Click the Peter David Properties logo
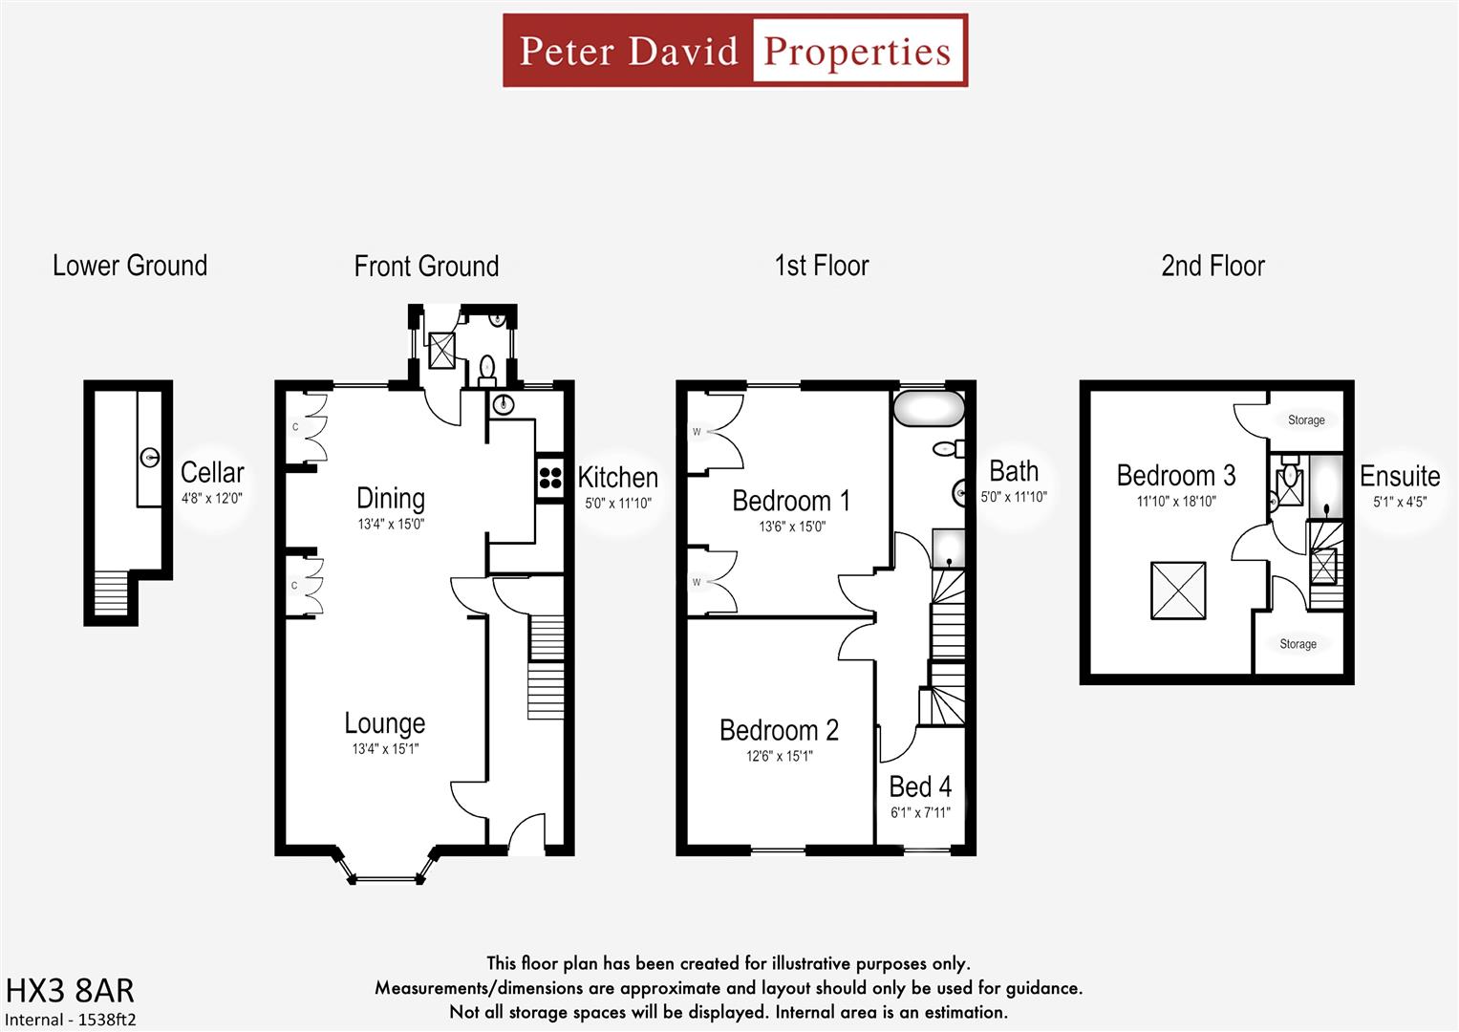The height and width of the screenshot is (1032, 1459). pos(735,51)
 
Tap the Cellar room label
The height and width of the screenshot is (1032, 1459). pos(212,472)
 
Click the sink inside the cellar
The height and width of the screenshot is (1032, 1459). pos(150,458)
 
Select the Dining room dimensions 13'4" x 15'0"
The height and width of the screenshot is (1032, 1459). pos(391,524)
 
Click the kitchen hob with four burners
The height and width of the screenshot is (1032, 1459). pos(550,476)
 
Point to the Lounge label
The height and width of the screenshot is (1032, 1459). pos(384,723)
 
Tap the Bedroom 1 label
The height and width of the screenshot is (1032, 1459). pos(790,501)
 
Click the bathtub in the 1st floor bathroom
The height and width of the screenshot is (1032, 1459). pos(929,408)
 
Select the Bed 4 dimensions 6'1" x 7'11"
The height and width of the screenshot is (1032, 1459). pos(920,813)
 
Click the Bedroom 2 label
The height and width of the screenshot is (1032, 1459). pos(779,730)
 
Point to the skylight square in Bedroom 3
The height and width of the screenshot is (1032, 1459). pos(1178,590)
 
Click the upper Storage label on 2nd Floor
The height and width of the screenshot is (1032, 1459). pos(1305,420)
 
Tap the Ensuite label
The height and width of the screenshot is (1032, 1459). pos(1399,476)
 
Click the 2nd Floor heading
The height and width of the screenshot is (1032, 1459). pos(1212,266)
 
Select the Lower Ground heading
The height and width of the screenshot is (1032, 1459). pos(130,266)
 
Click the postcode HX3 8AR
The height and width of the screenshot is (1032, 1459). pos(70,990)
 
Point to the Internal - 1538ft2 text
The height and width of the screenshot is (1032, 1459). pos(71,1020)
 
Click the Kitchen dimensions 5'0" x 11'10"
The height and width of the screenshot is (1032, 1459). pos(617,503)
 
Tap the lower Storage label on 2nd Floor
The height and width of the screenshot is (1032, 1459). pos(1298,644)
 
